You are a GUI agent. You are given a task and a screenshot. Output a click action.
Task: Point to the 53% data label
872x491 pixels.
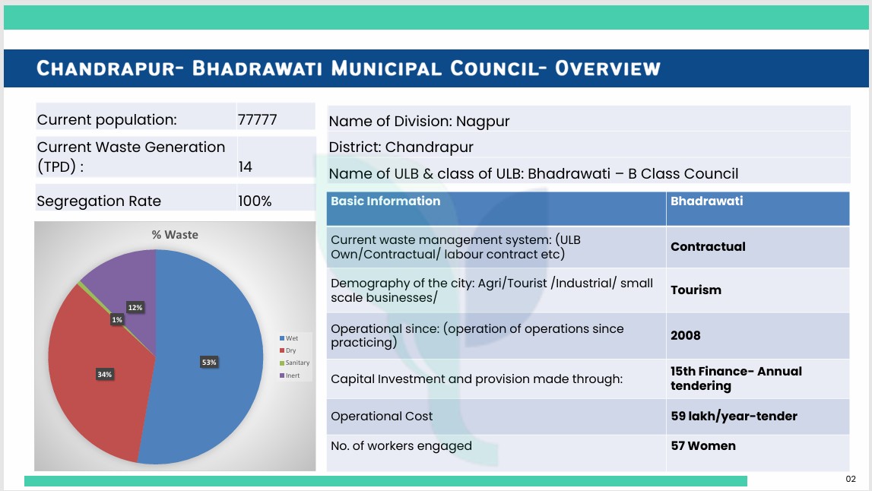(x=209, y=362)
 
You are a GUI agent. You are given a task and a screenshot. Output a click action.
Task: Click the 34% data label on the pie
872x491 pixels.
(x=105, y=374)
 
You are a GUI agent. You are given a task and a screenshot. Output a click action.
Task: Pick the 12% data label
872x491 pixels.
(x=135, y=308)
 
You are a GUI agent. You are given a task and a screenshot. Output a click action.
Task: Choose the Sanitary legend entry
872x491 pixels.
(x=295, y=363)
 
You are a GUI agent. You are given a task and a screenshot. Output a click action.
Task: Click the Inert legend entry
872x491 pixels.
(x=290, y=375)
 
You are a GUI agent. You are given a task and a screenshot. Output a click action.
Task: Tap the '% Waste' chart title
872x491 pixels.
(x=175, y=235)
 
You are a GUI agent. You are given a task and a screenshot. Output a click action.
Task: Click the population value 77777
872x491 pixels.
(x=257, y=119)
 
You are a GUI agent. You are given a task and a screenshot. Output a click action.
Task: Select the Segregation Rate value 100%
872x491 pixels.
(x=255, y=201)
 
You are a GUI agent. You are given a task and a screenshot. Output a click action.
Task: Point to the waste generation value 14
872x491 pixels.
(x=246, y=166)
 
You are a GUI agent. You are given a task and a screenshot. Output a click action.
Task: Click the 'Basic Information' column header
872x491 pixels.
(x=385, y=201)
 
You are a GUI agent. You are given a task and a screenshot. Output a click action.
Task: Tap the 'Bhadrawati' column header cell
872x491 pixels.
(x=706, y=201)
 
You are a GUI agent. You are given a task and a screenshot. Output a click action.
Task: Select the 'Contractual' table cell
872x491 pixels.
(x=708, y=246)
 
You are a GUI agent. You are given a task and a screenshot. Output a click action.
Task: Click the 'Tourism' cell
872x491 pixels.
(x=696, y=290)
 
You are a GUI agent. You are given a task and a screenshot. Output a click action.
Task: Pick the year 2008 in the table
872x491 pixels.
(x=685, y=335)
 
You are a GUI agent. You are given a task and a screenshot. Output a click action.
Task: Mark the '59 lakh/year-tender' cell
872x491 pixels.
(x=734, y=416)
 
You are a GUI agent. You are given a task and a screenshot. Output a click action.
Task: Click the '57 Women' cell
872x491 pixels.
(x=703, y=445)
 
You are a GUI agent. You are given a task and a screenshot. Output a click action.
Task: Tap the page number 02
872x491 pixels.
(x=851, y=479)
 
